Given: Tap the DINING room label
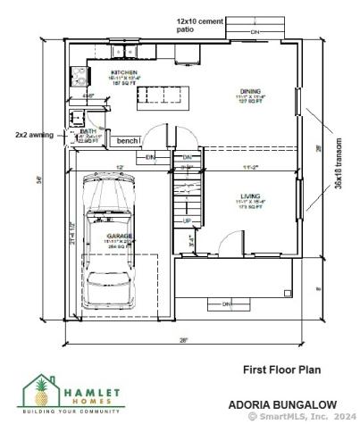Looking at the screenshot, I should click(250, 90).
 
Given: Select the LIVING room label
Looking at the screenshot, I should click(249, 195).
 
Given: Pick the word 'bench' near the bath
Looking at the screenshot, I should click(127, 141).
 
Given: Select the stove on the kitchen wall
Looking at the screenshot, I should click(77, 77).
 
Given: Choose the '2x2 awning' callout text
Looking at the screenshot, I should click(33, 135).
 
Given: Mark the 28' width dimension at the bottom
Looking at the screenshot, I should click(184, 340).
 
